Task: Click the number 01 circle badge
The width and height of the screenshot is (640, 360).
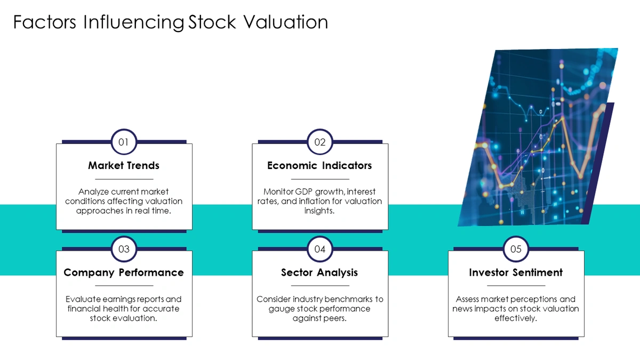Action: (x=124, y=142)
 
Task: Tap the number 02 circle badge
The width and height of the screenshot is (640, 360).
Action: (x=320, y=142)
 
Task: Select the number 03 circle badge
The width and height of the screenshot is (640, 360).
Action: (x=124, y=249)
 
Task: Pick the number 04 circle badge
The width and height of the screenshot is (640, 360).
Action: (x=320, y=249)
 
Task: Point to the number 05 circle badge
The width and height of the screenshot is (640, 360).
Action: (x=516, y=249)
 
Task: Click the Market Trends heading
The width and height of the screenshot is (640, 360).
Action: (x=124, y=165)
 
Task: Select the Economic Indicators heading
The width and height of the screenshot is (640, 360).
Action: (x=319, y=165)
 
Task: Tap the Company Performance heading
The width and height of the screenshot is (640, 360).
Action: (x=124, y=273)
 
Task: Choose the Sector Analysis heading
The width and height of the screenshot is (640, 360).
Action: (x=319, y=273)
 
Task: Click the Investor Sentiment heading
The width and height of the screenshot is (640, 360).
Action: (x=516, y=273)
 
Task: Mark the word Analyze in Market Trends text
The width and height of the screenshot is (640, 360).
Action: (x=93, y=191)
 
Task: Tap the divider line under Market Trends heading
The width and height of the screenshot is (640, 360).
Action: (x=124, y=179)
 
